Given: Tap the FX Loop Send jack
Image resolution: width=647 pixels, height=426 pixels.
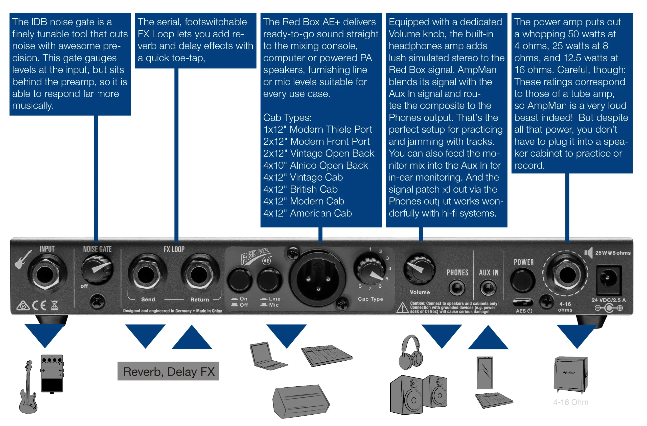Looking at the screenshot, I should [146, 275].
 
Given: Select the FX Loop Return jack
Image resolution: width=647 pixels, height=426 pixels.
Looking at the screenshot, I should [199, 275].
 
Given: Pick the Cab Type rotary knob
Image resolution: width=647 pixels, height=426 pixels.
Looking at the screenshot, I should [370, 269].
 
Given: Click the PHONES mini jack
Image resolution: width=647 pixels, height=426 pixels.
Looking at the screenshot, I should [457, 288].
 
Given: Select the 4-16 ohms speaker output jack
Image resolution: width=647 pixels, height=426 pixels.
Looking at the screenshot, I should [567, 275].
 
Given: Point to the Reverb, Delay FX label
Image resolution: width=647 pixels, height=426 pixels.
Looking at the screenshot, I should [168, 371].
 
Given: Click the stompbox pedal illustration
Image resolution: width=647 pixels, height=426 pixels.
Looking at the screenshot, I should [52, 373].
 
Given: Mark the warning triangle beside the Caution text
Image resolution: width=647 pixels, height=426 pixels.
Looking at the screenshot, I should [402, 308].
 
